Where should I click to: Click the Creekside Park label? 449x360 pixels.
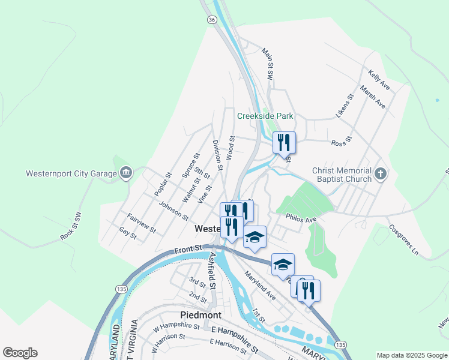coord(265,116)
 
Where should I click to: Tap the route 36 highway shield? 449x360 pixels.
coord(211,20)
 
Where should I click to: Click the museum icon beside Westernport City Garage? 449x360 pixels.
coord(126,174)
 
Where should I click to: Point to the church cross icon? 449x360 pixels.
coord(380,175)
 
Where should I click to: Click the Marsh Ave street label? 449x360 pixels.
coord(373,97)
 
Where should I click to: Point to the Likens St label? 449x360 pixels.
coord(345,106)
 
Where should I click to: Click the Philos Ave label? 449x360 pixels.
coord(301,219)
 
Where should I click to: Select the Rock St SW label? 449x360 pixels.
coord(70,226)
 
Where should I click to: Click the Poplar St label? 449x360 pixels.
coord(163,184)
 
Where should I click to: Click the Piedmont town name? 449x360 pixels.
coord(200,315)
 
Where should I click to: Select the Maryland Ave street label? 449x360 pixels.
coord(259,286)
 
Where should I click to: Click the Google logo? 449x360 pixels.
coord(20,353)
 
